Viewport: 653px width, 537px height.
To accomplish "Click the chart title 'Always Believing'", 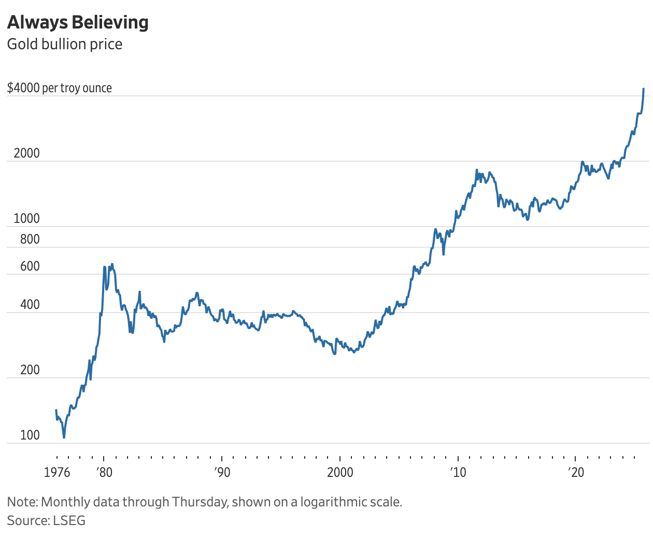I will [78, 22].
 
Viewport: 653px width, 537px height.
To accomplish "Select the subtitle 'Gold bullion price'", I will [65, 44].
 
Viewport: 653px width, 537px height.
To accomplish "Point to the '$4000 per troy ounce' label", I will [59, 88].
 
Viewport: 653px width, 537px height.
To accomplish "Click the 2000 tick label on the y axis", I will [26, 153].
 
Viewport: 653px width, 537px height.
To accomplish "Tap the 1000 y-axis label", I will [26, 218].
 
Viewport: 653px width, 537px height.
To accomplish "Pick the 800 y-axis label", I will [30, 239].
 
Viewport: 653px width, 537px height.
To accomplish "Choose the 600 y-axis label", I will [30, 266].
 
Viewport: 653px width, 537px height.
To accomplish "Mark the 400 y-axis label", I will [30, 304].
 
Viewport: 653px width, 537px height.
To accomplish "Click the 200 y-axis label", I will [30, 370].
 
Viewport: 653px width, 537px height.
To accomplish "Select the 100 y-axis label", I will [30, 435].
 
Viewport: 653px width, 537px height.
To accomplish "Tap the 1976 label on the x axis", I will [57, 472].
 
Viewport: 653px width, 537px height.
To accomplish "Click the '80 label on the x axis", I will [104, 472].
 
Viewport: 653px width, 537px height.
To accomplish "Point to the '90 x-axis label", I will [222, 472].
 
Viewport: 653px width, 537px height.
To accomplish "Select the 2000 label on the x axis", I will [340, 472].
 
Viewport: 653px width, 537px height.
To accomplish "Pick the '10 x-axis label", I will [458, 472].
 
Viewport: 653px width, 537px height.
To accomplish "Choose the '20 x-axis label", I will [575, 472].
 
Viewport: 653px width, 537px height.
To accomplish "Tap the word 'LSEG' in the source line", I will [69, 520].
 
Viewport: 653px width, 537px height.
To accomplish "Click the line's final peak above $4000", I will [644, 89].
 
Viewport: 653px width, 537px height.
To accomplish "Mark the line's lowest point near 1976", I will [64, 437].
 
